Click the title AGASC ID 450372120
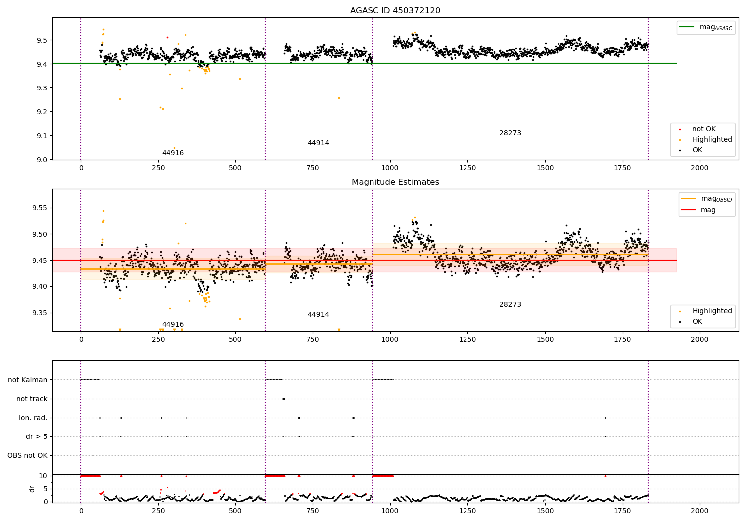click(395, 11)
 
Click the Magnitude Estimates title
click(395, 182)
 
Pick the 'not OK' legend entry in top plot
click(704, 129)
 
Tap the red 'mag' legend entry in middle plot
click(708, 210)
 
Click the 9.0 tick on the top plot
click(43, 160)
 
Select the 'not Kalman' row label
click(28, 380)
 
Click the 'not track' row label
click(32, 399)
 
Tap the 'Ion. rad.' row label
click(33, 418)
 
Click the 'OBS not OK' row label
click(27, 455)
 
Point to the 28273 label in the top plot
click(510, 133)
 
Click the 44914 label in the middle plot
click(318, 315)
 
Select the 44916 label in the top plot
click(173, 153)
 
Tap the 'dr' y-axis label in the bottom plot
click(32, 489)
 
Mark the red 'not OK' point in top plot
click(167, 37)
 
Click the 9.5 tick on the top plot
click(43, 40)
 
